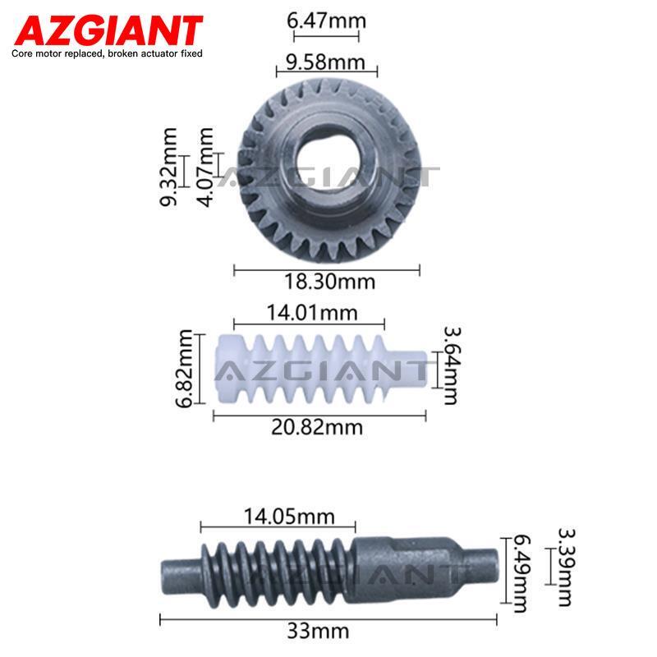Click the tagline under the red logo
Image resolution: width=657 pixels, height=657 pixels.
[x=107, y=53]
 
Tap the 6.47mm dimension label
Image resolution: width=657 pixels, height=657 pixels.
[x=326, y=21]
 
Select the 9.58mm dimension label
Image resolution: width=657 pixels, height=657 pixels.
[x=325, y=62]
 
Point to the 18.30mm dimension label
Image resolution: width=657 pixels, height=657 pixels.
[x=329, y=282]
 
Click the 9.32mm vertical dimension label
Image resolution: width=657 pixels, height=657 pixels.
[x=168, y=167]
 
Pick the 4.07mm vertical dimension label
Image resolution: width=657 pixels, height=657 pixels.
[x=205, y=167]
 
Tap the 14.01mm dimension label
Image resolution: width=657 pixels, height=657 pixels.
[x=312, y=313]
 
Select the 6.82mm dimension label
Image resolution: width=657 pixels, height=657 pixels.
[x=183, y=368]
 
